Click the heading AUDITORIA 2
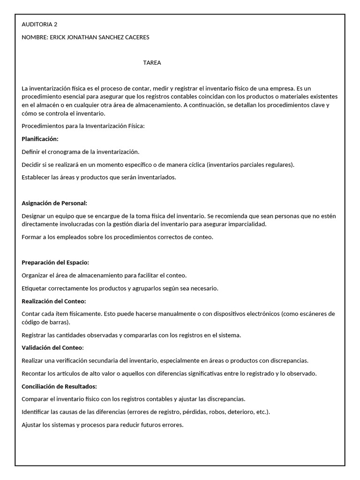coord(40,24)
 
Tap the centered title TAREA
coord(152,63)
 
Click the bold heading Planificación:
coord(40,139)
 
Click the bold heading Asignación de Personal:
coord(55,203)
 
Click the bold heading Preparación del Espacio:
coord(55,262)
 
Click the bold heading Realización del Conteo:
coord(54,301)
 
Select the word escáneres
coord(314,314)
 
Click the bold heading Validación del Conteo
coord(52,347)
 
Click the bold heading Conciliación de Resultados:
coord(60,387)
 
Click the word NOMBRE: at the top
coord(35,37)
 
